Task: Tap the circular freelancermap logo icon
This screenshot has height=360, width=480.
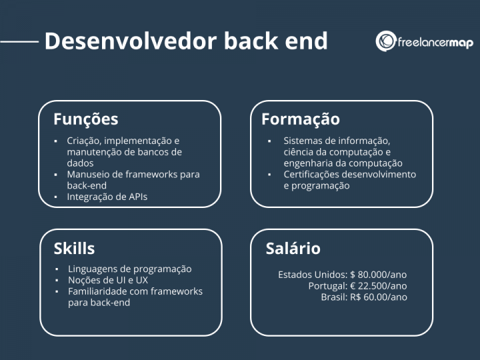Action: pyautogui.click(x=386, y=41)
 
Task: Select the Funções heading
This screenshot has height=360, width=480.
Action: pyautogui.click(x=85, y=119)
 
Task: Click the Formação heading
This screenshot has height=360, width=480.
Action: pyautogui.click(x=300, y=119)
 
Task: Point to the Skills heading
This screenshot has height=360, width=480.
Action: pyautogui.click(x=74, y=249)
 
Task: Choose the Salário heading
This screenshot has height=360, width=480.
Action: pyautogui.click(x=293, y=249)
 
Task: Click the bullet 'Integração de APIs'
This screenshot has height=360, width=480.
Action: pyautogui.click(x=107, y=197)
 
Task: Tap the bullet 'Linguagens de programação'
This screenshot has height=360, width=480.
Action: pyautogui.click(x=129, y=269)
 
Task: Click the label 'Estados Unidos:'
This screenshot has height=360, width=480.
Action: pyautogui.click(x=312, y=275)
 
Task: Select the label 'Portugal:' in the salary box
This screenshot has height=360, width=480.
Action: pyautogui.click(x=327, y=285)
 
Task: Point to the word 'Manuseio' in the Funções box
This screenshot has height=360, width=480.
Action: pyautogui.click(x=88, y=175)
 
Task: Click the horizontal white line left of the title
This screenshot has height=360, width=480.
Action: pyautogui.click(x=19, y=41)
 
